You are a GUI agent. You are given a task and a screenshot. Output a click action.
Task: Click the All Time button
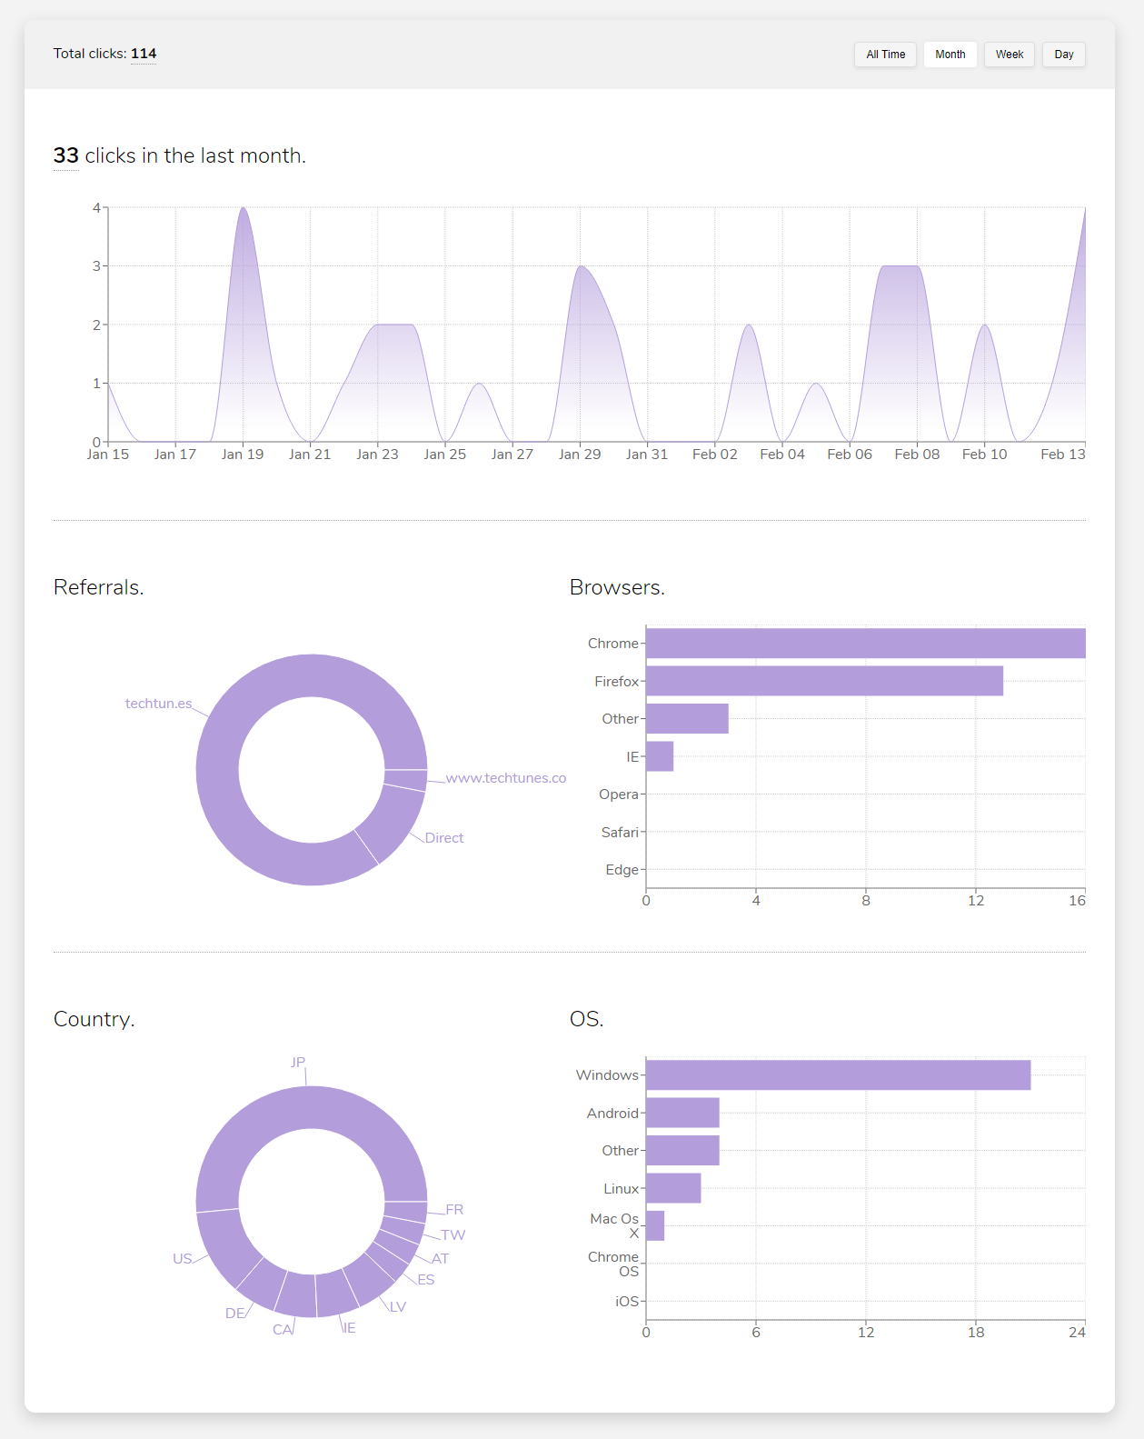point(885,55)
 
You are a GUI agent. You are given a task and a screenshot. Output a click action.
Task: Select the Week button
point(1009,55)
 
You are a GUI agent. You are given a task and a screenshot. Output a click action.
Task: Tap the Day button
point(1063,55)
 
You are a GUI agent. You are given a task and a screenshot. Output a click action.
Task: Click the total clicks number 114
point(144,54)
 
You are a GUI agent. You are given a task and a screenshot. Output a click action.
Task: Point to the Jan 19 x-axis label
point(243,455)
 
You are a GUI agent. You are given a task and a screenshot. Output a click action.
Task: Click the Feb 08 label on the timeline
point(917,455)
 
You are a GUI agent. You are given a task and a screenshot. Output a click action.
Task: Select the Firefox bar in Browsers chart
point(824,681)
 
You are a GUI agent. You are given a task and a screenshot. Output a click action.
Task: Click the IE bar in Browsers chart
point(660,756)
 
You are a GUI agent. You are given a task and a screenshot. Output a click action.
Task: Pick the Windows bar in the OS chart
point(838,1074)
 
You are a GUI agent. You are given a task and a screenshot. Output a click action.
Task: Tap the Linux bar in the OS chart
point(673,1188)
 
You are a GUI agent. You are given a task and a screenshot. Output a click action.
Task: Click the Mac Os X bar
point(655,1225)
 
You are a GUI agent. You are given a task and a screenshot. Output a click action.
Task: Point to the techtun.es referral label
point(158,704)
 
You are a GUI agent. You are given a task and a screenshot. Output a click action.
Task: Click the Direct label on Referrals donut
point(444,838)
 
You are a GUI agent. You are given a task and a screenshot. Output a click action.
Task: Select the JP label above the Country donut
point(298,1062)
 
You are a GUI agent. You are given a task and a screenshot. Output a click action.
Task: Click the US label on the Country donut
point(183,1259)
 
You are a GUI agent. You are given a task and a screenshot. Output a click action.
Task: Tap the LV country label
point(398,1307)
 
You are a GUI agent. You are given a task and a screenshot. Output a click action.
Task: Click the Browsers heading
point(617,587)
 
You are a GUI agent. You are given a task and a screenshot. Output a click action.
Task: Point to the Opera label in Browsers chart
point(619,794)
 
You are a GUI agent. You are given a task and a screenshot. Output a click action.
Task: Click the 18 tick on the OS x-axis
point(976,1333)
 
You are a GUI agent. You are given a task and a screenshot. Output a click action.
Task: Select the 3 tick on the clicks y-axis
point(96,266)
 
